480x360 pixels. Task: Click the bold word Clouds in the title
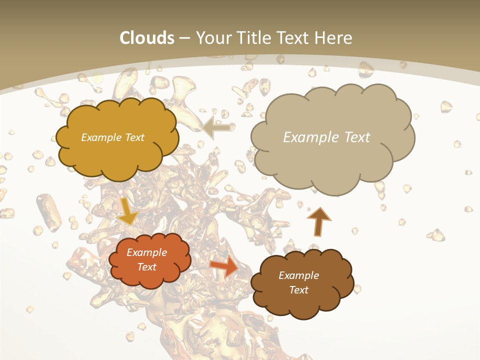click(x=147, y=38)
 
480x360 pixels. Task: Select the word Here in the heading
click(x=333, y=38)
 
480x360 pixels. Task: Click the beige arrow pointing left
click(x=217, y=128)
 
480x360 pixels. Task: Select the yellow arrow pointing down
click(x=128, y=212)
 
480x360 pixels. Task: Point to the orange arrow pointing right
click(x=224, y=266)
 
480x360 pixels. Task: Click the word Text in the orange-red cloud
click(x=147, y=267)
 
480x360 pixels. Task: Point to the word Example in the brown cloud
click(x=298, y=275)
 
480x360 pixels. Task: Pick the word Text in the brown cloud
click(x=298, y=290)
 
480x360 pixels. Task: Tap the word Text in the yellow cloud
click(x=134, y=137)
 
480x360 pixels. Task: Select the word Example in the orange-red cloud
click(x=147, y=252)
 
